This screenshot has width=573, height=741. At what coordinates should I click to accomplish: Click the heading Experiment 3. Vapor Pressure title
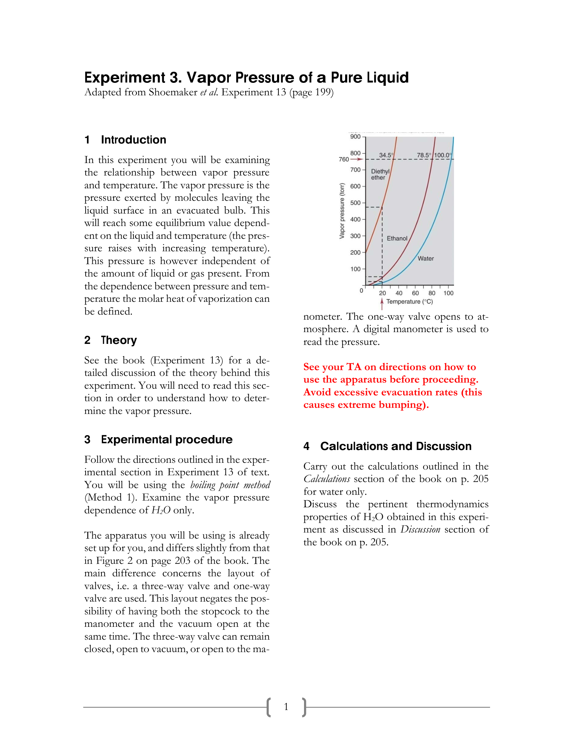point(246,78)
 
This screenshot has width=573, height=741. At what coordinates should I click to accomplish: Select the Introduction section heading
point(133,140)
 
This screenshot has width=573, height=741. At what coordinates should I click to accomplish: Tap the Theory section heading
point(119,340)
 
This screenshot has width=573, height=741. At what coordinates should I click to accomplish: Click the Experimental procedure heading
point(167,439)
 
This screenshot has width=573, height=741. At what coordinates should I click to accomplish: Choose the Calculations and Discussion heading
point(395,446)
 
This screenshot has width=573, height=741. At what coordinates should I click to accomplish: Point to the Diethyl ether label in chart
point(380,174)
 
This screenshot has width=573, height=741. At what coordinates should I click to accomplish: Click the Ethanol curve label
point(397,238)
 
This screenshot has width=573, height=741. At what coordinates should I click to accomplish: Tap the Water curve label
point(426,259)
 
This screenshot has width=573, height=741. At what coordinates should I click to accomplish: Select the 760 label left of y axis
point(343,159)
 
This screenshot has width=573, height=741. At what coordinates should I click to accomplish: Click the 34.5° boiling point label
point(386,155)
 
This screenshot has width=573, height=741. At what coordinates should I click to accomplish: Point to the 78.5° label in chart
point(424,155)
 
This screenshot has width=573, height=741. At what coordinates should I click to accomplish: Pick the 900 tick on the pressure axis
point(355,137)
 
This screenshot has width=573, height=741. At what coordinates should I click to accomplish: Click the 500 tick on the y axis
point(355,203)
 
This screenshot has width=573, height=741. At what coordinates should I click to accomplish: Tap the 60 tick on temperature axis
point(415,293)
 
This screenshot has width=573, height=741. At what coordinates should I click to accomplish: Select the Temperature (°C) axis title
point(410,302)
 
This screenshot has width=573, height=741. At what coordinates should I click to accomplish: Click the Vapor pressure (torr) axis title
point(342,211)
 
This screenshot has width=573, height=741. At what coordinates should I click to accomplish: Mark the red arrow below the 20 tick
point(382,304)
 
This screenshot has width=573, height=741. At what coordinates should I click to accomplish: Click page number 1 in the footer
point(286,707)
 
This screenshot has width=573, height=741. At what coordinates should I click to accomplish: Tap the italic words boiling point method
point(230,485)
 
